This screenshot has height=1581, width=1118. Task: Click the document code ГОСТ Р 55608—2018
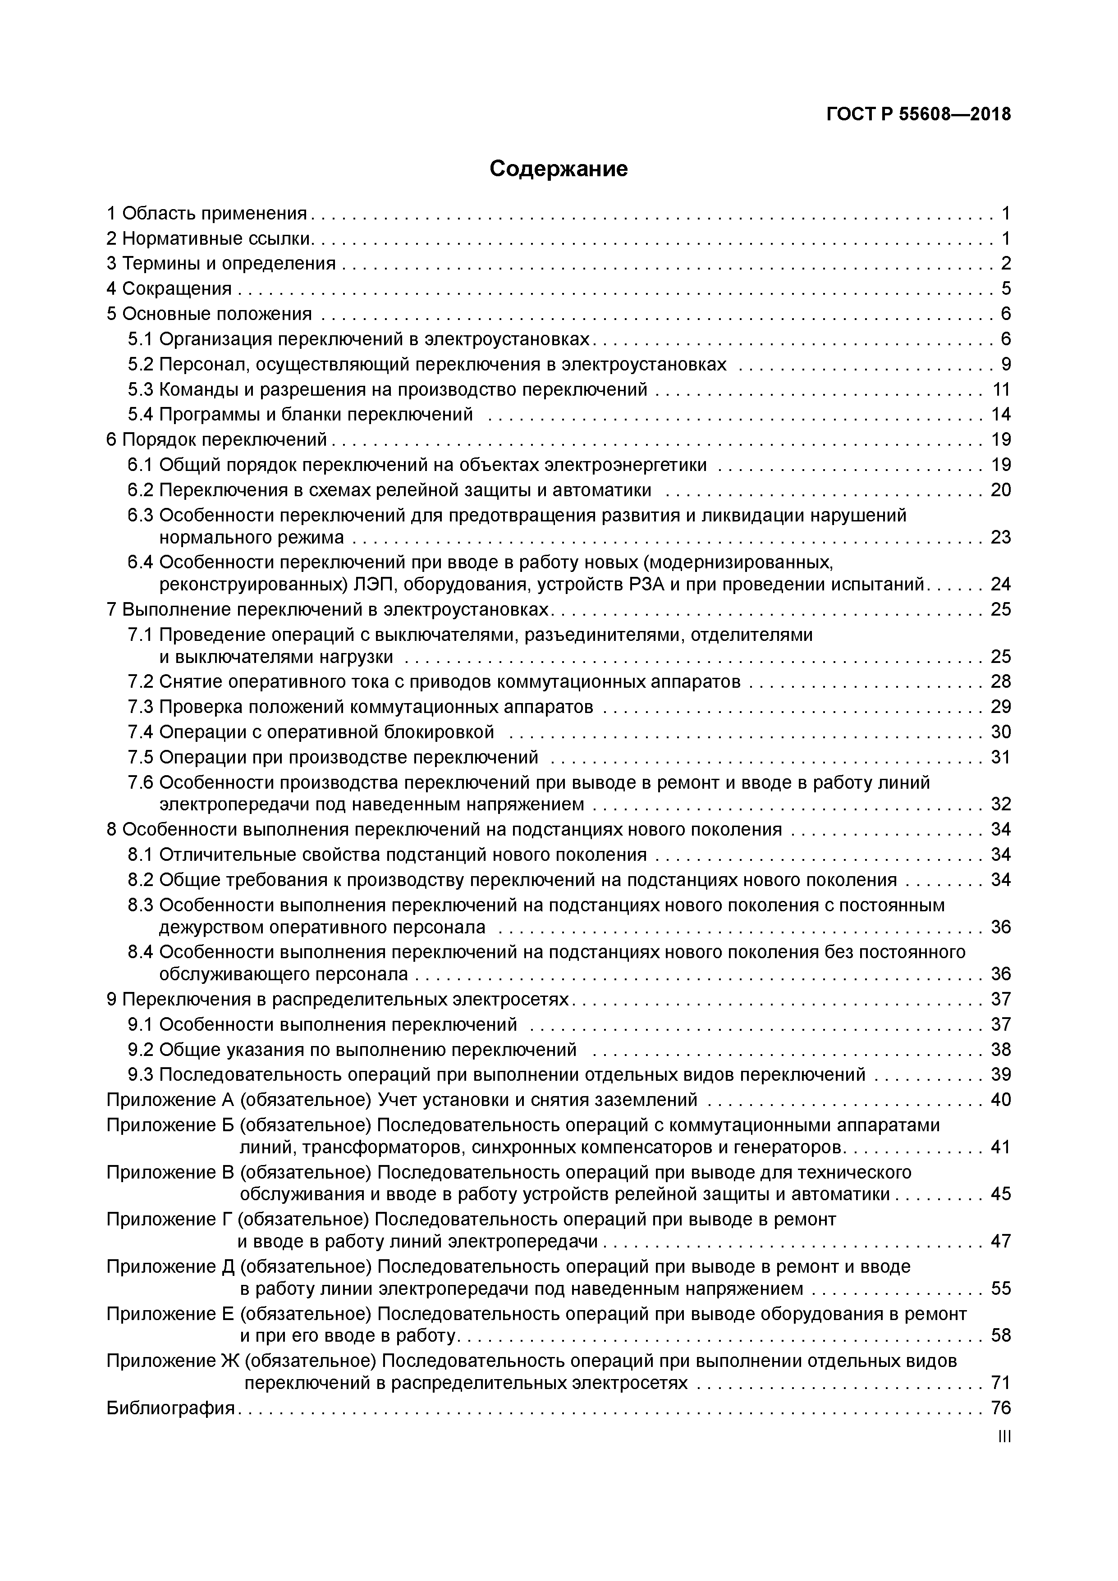pos(918,114)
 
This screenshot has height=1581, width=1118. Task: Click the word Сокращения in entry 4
pos(177,288)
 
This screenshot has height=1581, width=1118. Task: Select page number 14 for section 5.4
pos(1000,415)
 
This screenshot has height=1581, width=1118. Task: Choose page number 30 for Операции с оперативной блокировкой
pos(1000,732)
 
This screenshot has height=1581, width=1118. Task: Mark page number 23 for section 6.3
pos(1000,537)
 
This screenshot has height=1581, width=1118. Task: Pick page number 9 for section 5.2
pos(1005,364)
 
